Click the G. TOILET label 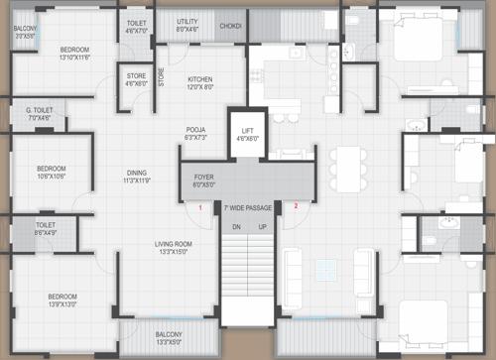tap(40, 115)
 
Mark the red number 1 tap(199, 208)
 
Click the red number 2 tap(295, 206)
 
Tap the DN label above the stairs tap(236, 227)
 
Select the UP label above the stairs tap(262, 227)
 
